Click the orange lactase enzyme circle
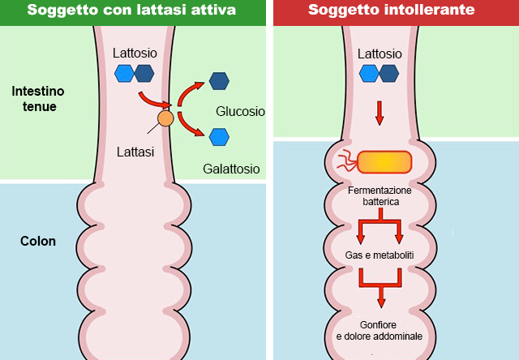click(x=165, y=119)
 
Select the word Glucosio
click(x=241, y=111)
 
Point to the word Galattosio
click(x=231, y=169)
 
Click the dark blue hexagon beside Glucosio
click(x=218, y=80)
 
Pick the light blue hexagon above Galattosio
click(x=218, y=136)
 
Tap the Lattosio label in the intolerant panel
click(x=380, y=54)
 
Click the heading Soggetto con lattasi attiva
click(x=133, y=11)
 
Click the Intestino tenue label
click(x=38, y=98)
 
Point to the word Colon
click(x=38, y=241)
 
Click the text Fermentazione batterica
click(x=380, y=195)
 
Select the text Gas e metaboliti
click(x=380, y=255)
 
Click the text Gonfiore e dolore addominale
click(x=380, y=330)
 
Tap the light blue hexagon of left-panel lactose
click(x=124, y=74)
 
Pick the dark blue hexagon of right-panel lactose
click(x=389, y=74)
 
